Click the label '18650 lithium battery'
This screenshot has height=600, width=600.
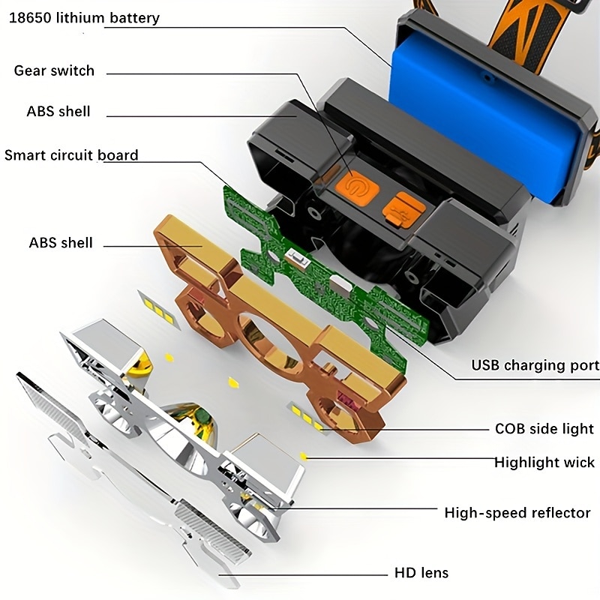coord(84,17)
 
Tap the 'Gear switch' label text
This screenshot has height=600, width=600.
coord(54,70)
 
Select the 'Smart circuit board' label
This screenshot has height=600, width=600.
coord(71,155)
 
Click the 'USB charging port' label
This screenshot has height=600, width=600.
coord(535,365)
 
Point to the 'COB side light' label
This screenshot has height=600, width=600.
coord(544,429)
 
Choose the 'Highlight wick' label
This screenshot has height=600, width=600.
coord(544,462)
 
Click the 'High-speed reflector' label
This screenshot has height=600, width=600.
coord(517,513)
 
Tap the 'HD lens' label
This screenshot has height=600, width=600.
coord(421,573)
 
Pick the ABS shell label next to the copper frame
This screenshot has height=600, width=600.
coord(60,242)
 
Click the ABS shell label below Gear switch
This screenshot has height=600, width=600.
coord(58,111)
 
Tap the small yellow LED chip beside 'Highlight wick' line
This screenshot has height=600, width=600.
coord(304,455)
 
